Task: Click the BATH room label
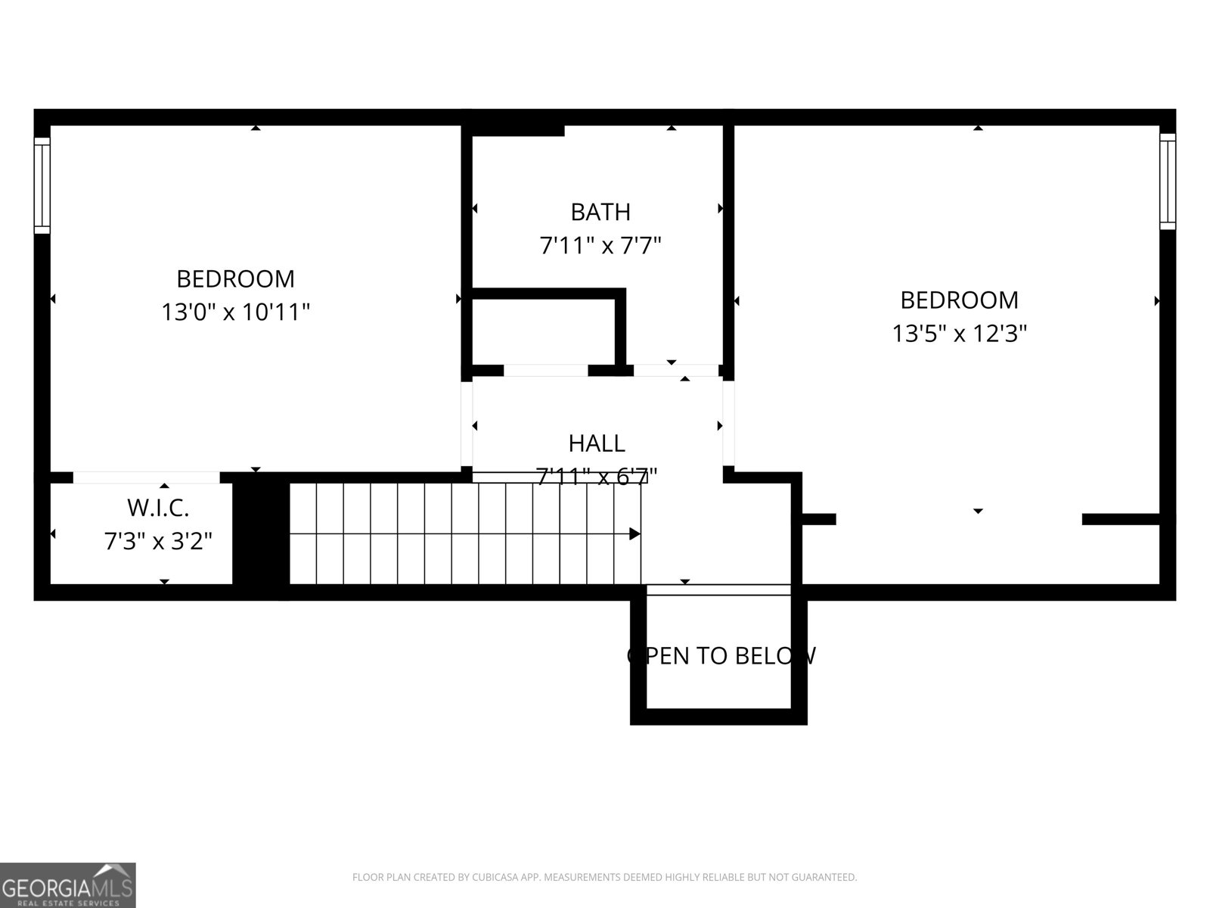tap(600, 212)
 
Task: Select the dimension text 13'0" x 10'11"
tap(235, 312)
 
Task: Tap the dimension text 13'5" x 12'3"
tap(959, 333)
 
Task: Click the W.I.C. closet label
tap(157, 507)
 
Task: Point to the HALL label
tap(597, 443)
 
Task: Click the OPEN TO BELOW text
tap(721, 655)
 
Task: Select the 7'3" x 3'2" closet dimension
tap(157, 541)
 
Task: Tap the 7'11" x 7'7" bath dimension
tap(600, 245)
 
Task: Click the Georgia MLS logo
tap(68, 885)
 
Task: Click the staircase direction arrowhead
tap(635, 534)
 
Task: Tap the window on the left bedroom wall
tap(42, 185)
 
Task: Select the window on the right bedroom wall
tap(1168, 182)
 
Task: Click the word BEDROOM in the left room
tap(235, 278)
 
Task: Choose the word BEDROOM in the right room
tap(959, 300)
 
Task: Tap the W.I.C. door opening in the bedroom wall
tap(146, 477)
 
